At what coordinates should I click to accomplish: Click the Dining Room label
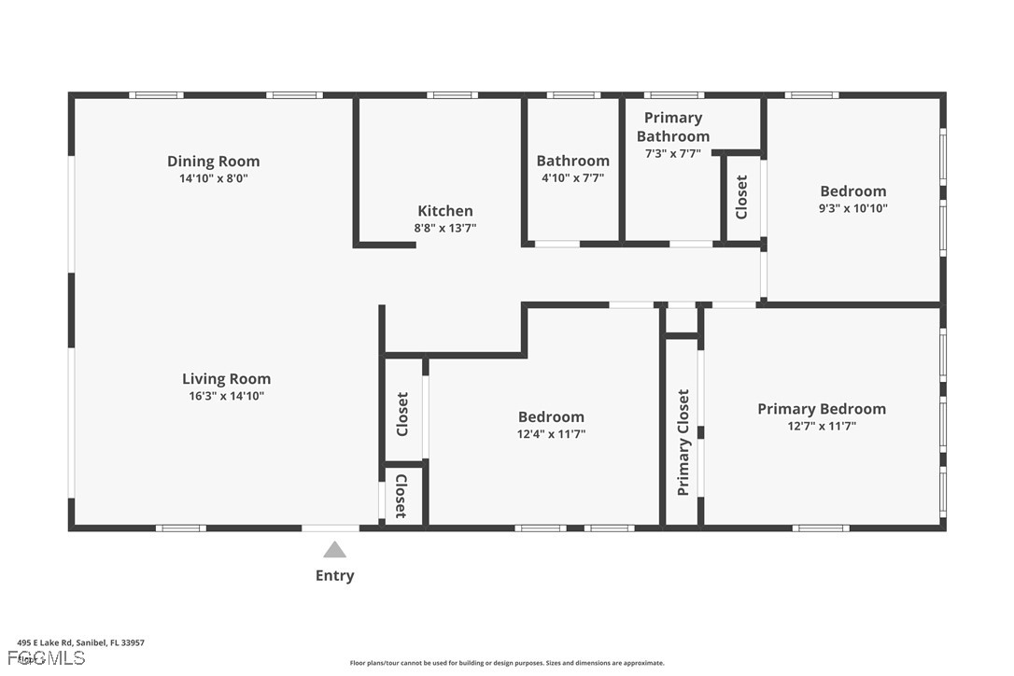click(213, 162)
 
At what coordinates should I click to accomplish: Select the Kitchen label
click(444, 211)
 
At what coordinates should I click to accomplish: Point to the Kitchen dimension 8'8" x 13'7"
click(445, 228)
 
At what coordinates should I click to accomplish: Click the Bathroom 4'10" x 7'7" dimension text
click(572, 177)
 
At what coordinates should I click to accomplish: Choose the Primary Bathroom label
click(672, 127)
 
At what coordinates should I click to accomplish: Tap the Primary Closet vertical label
click(683, 442)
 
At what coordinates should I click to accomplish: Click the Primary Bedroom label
click(821, 409)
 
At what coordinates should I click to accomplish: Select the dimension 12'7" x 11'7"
click(821, 426)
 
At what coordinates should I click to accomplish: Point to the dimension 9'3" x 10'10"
click(852, 208)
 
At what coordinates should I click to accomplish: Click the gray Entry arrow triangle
click(334, 550)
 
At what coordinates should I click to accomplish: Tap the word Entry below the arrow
click(334, 575)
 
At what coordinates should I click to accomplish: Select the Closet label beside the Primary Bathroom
click(741, 197)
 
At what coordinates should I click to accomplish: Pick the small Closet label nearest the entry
click(401, 496)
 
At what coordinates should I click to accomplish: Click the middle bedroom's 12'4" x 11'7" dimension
click(551, 433)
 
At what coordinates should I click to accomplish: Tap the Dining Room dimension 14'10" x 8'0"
click(213, 178)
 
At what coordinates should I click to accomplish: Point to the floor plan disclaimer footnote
click(507, 663)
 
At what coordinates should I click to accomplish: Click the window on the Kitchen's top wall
click(453, 94)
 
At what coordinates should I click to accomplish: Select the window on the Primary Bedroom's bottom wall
click(821, 528)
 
